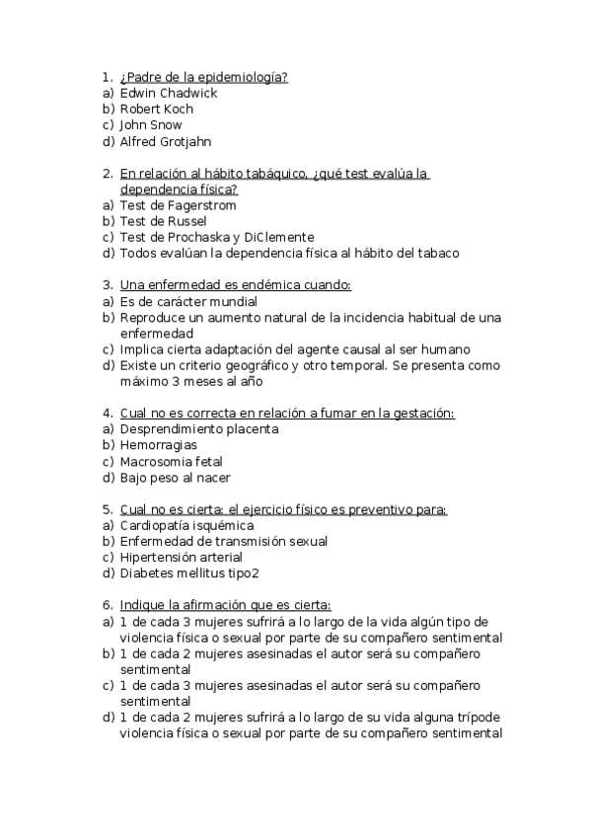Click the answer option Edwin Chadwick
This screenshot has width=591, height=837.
pos(168,93)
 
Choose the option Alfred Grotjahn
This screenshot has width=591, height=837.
pos(165,141)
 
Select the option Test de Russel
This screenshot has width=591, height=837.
pos(163,221)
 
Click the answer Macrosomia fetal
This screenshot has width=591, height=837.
pos(171,461)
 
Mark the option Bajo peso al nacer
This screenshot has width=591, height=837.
pos(175,478)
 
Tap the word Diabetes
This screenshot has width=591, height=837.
pos(146,573)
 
